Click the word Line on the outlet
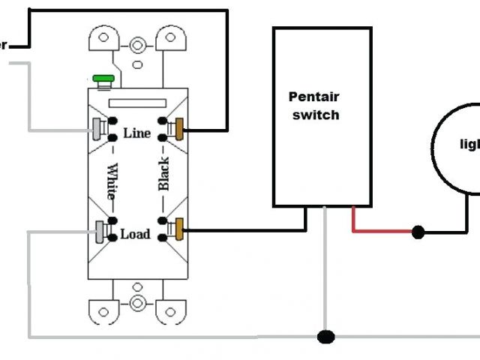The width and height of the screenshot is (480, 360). coord(136,133)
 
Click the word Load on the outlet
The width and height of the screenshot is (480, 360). coord(135,234)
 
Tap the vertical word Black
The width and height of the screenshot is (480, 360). coord(163,174)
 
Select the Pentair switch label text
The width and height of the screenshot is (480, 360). coord(313,106)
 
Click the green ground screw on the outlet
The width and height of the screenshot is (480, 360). coord(102,77)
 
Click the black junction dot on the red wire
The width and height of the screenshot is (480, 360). coord(418,232)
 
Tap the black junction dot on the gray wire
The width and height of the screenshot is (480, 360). coord(325,337)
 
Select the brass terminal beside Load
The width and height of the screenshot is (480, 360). coord(179,226)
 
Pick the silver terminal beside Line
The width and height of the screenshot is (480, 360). coord(97,129)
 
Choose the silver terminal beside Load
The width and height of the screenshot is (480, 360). coord(99,232)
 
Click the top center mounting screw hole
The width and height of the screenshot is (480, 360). coord(138,46)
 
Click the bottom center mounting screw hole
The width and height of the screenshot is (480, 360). coord(138,303)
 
